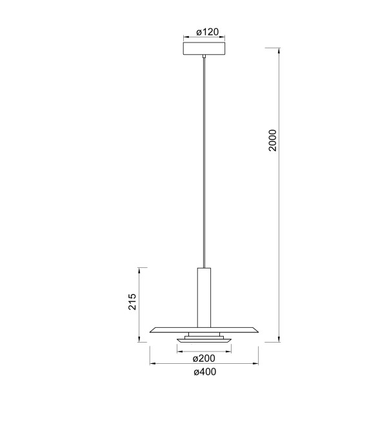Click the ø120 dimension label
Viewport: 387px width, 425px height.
coord(208,32)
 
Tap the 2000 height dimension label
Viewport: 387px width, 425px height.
coord(272,140)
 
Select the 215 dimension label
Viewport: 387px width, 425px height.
coord(132,301)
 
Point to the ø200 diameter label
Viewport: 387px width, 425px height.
coord(204,358)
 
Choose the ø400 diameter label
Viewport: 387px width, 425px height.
coord(205,372)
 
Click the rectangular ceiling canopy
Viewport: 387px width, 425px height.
coord(204,48)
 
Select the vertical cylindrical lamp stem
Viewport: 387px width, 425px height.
coord(204,297)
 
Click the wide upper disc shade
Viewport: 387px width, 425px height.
coord(204,330)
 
